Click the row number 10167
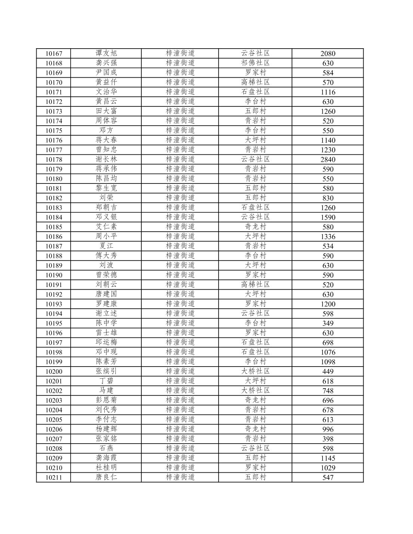[x=54, y=53]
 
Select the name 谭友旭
[x=106, y=53]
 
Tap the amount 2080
[x=328, y=53]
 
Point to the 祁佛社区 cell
[x=255, y=63]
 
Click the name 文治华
[x=106, y=92]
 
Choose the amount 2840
[x=328, y=160]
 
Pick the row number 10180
[x=54, y=179]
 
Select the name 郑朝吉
[x=106, y=207]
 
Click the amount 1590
[x=328, y=217]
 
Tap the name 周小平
[x=106, y=236]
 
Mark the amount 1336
[x=328, y=237]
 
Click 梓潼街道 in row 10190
[x=180, y=275]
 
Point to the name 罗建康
[x=106, y=304]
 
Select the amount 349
[x=328, y=323]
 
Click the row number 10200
[x=54, y=371]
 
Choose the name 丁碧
[x=106, y=381]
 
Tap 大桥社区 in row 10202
[x=255, y=391]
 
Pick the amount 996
[x=328, y=429]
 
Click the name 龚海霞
[x=106, y=458]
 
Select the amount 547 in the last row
[x=328, y=477]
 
